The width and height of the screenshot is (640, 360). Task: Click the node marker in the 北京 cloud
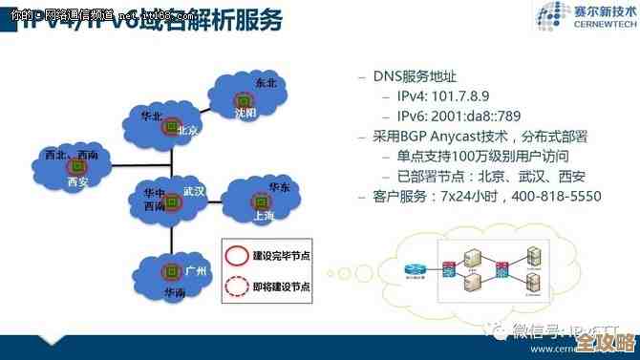click(x=168, y=126)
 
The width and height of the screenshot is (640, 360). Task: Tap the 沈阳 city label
click(x=246, y=113)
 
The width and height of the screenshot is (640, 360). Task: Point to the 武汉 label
click(x=194, y=190)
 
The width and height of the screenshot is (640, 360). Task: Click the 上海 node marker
click(x=258, y=201)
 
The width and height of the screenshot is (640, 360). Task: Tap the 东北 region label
click(x=266, y=83)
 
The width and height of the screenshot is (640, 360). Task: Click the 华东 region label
click(x=279, y=186)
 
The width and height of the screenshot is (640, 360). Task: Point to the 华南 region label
click(x=175, y=290)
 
